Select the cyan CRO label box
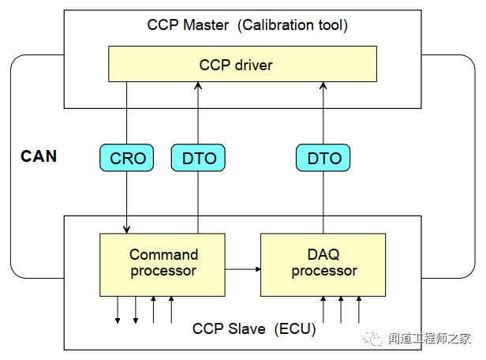(x=128, y=158)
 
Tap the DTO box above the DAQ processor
(x=324, y=158)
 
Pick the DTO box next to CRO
(x=198, y=158)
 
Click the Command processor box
(x=163, y=263)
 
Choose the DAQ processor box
(x=323, y=263)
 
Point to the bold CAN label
(x=39, y=156)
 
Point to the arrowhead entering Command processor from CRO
(x=126, y=229)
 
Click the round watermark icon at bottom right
(x=371, y=338)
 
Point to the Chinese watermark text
(x=428, y=339)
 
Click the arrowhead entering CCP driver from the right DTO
(x=323, y=84)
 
